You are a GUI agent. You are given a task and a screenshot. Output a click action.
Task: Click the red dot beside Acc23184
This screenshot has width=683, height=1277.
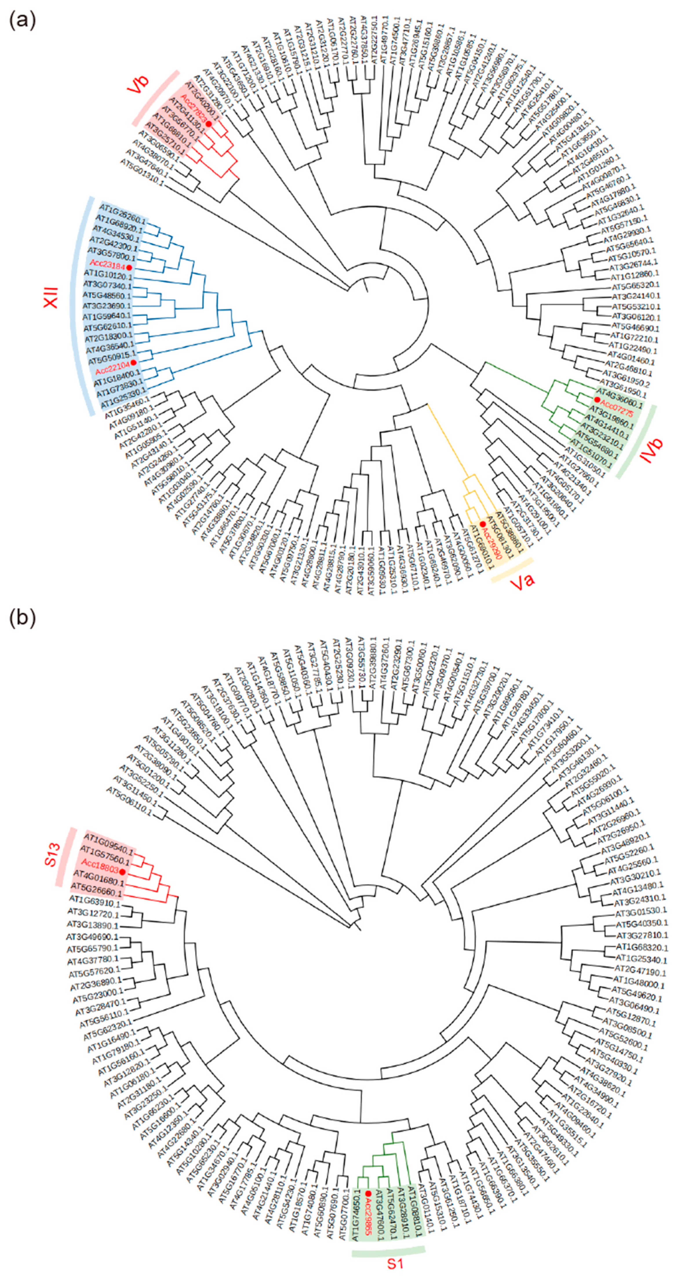tap(129, 268)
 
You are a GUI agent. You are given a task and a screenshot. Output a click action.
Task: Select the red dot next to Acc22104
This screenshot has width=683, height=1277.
tap(133, 363)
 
